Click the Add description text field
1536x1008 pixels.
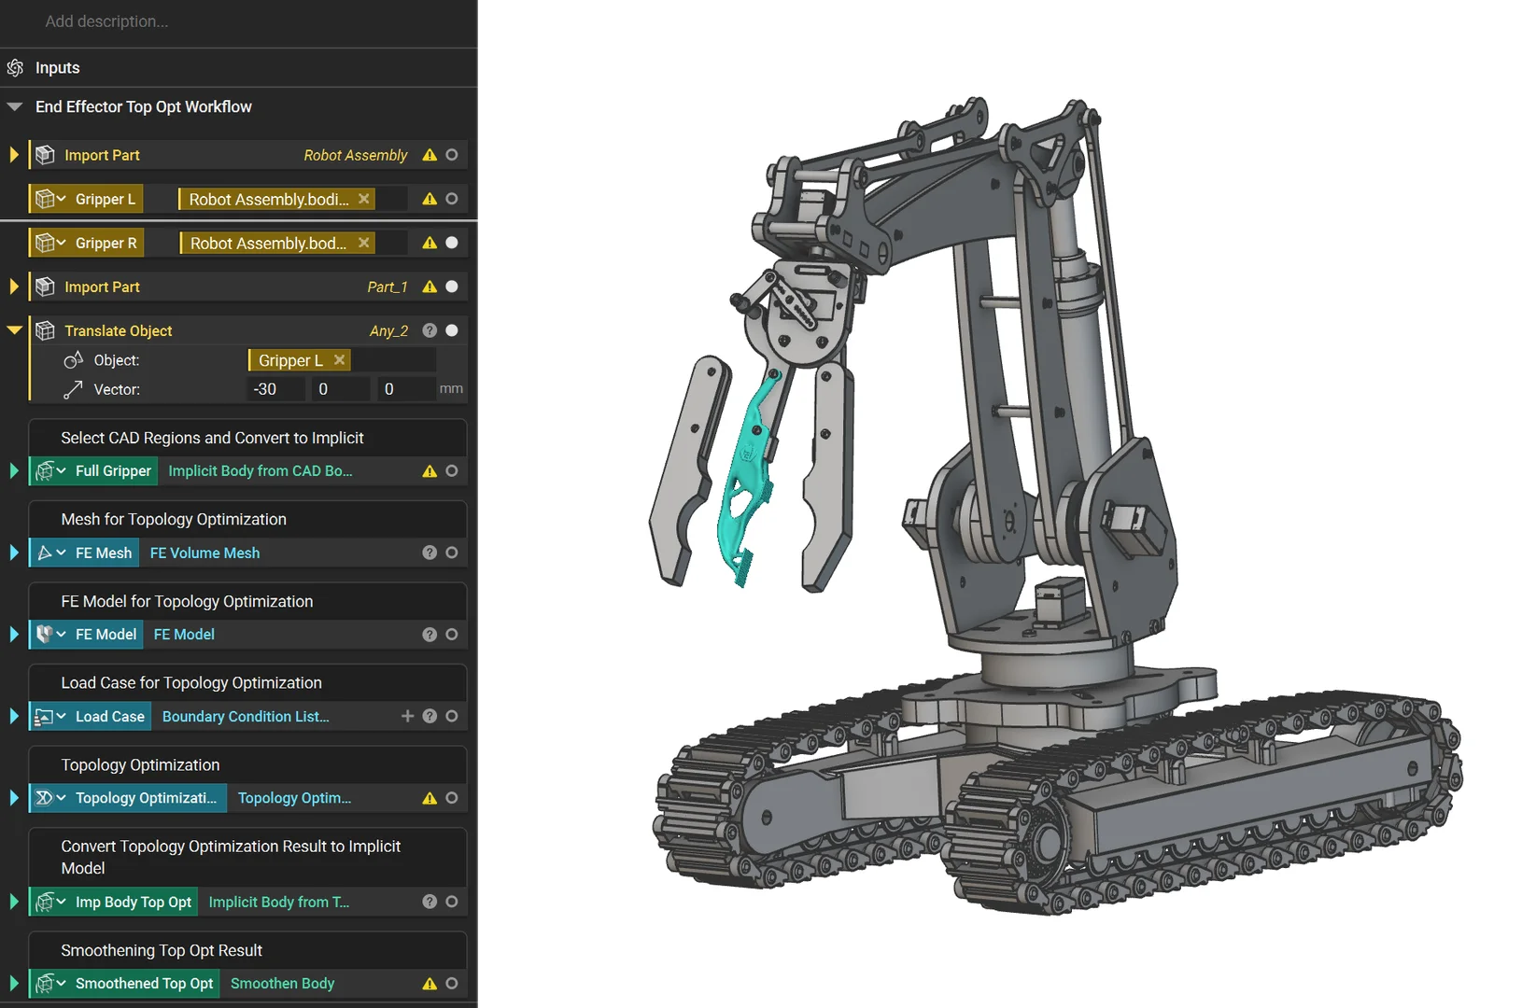(106, 21)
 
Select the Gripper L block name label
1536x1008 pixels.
(106, 199)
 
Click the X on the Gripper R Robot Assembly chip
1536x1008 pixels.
(364, 243)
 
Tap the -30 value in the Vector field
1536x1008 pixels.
(265, 389)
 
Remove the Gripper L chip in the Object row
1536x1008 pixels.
(340, 359)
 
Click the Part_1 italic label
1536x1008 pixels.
(388, 287)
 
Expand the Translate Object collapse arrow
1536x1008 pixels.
(14, 330)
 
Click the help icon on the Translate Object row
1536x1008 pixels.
(430, 330)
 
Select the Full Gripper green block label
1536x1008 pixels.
(113, 470)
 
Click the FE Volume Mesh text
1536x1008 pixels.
(205, 553)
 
